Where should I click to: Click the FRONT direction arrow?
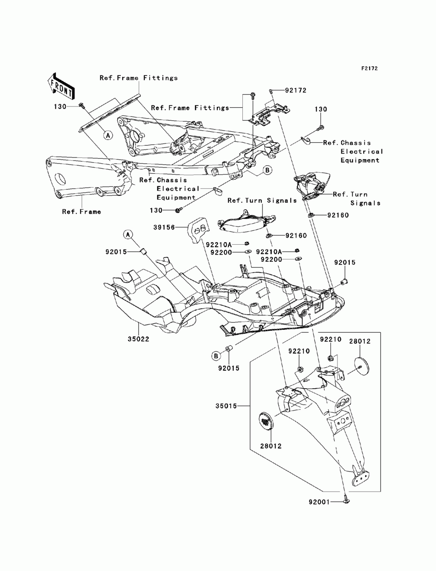pyautogui.click(x=61, y=86)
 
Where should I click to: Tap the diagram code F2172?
pyautogui.click(x=369, y=68)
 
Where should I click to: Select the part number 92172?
pyautogui.click(x=296, y=90)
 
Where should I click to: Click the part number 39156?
pyautogui.click(x=164, y=227)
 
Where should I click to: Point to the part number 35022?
pyautogui.click(x=138, y=339)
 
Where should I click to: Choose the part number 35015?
pyautogui.click(x=226, y=406)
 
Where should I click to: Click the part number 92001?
pyautogui.click(x=319, y=502)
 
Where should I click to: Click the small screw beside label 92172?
pyautogui.click(x=271, y=91)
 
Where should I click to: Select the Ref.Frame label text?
pyautogui.click(x=82, y=212)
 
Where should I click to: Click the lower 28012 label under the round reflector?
pyautogui.click(x=271, y=446)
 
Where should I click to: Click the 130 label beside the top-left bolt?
pyautogui.click(x=60, y=107)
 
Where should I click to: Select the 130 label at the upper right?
pyautogui.click(x=321, y=109)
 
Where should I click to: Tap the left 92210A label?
pyautogui.click(x=218, y=245)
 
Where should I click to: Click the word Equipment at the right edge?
pyautogui.click(x=360, y=160)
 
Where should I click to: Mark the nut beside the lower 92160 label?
pyautogui.click(x=269, y=236)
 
